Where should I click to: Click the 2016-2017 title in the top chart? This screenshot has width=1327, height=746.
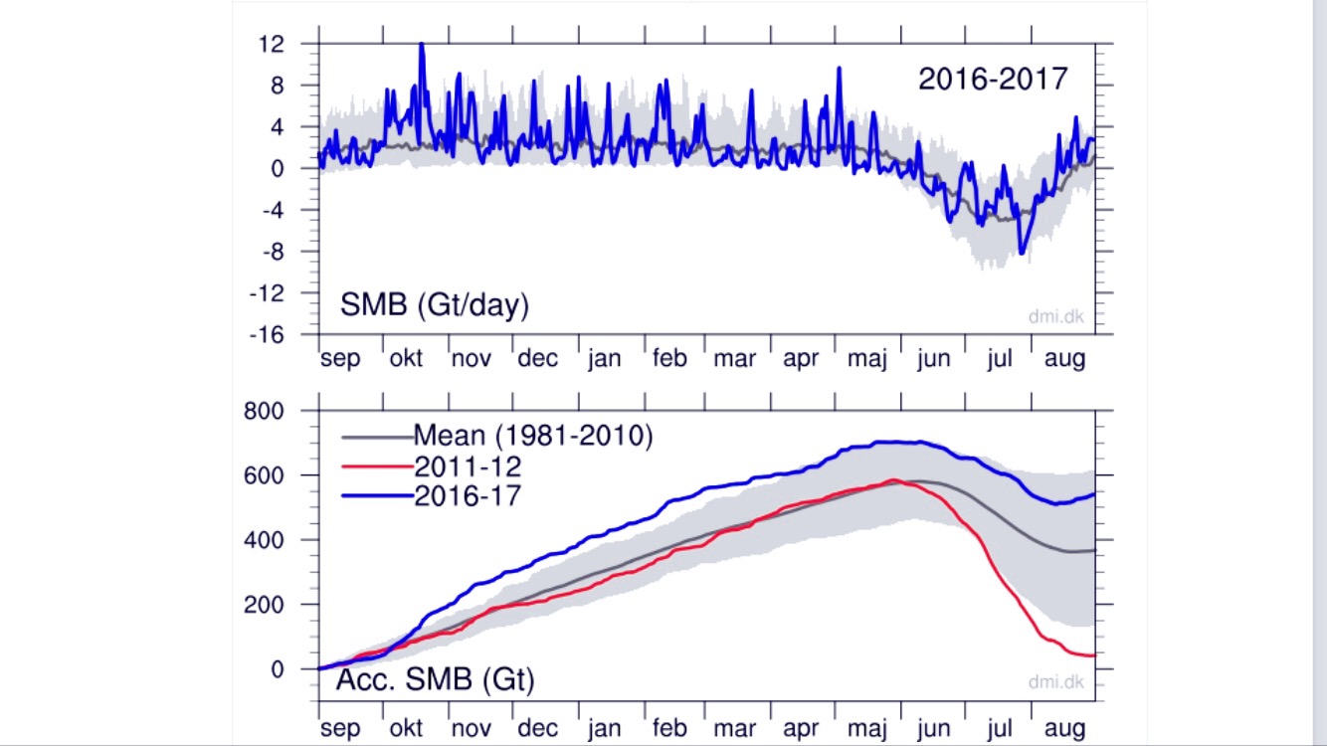click(x=992, y=79)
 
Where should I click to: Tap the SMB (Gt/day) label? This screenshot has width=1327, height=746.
click(x=434, y=305)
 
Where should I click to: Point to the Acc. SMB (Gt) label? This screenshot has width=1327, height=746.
click(x=435, y=680)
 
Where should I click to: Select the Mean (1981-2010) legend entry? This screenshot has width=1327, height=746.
click(x=532, y=436)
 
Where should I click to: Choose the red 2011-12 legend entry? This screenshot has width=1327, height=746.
click(x=467, y=466)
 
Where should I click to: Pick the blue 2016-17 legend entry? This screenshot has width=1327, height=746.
click(x=467, y=495)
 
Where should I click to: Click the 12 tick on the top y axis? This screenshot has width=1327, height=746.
click(x=271, y=45)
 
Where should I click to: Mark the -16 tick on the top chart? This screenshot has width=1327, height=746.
click(x=266, y=335)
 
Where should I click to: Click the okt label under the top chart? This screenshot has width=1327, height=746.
click(x=406, y=359)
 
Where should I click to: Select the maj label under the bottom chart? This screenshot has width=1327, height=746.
click(x=865, y=729)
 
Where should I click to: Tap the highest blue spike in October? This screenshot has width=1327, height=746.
click(x=422, y=45)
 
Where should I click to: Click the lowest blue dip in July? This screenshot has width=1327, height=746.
click(x=1022, y=253)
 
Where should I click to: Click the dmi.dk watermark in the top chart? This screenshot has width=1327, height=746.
click(x=1055, y=317)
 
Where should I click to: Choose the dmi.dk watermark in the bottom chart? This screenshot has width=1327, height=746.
click(x=1055, y=682)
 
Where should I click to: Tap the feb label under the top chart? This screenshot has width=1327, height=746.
click(x=668, y=359)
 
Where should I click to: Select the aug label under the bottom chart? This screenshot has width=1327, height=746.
click(x=1063, y=729)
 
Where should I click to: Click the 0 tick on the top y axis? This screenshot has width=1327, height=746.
click(x=277, y=169)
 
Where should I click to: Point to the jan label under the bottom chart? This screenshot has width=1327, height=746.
click(x=603, y=729)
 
